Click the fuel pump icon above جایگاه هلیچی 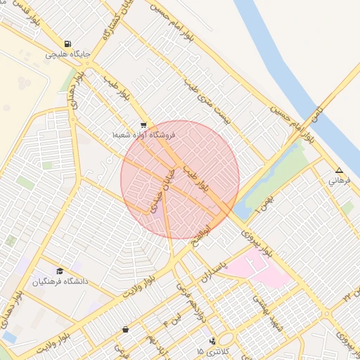coord(67,43)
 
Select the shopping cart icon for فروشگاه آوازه coord(143,124)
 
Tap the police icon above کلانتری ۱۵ coord(212,341)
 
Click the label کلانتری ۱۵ coord(210,351)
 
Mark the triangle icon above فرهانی coord(339,170)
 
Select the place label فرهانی coord(338,181)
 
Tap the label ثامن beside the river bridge coord(320,113)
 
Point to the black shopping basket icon coord(125,329)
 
